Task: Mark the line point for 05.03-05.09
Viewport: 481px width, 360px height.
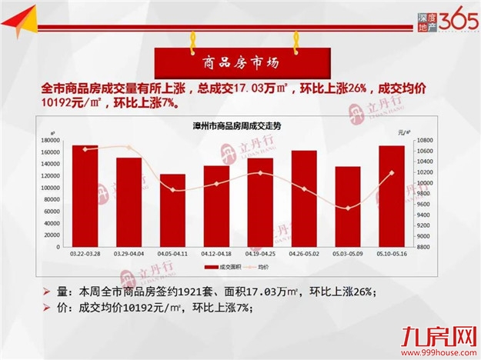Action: [348, 208]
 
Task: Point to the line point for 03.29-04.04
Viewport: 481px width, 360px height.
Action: [129, 148]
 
